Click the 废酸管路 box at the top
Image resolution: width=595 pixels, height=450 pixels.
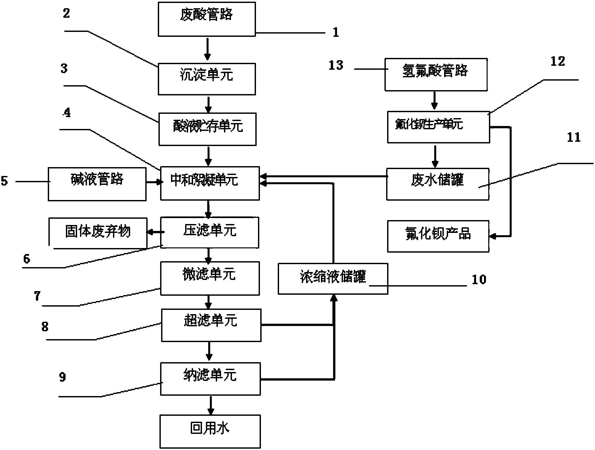click(x=207, y=19)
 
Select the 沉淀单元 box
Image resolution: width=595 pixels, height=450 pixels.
click(x=207, y=79)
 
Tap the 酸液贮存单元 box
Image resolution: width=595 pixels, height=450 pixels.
click(x=208, y=129)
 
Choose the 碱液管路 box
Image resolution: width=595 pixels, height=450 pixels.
click(x=97, y=184)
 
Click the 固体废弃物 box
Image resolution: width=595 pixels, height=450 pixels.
click(x=98, y=233)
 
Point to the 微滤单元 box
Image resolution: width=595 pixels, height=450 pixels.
click(x=210, y=278)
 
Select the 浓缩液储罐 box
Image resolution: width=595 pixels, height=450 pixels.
click(x=333, y=278)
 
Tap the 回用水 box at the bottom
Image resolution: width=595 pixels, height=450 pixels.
click(x=210, y=431)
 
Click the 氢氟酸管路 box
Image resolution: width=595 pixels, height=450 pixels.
click(x=436, y=74)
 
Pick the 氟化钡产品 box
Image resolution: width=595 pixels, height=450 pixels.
click(x=438, y=236)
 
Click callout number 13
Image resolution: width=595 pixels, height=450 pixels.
click(x=336, y=65)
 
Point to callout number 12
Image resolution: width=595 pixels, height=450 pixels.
click(x=558, y=61)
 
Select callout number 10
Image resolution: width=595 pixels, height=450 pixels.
click(x=479, y=279)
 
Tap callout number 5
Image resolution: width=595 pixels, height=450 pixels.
click(x=4, y=181)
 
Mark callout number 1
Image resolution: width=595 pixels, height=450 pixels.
click(x=336, y=32)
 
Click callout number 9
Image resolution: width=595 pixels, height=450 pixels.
click(x=63, y=377)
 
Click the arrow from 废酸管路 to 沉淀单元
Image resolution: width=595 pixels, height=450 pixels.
click(x=207, y=49)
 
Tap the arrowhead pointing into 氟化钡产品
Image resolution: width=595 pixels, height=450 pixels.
click(x=493, y=236)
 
